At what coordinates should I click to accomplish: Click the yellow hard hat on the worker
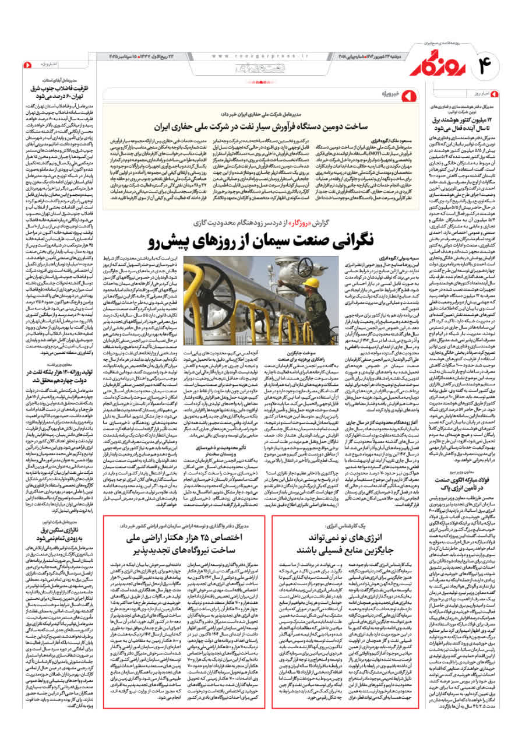click(312, 283)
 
